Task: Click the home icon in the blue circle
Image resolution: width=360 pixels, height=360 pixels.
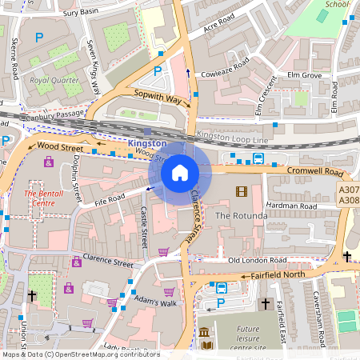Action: [x=180, y=172]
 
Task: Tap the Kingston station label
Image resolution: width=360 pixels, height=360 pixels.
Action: [x=147, y=142]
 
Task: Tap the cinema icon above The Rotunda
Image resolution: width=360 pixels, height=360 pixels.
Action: [x=242, y=191]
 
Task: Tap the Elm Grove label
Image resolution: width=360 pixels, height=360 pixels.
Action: [x=304, y=75]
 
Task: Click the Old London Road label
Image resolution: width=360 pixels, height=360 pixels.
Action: [x=257, y=261]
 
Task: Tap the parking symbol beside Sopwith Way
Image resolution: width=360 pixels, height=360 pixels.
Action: [x=158, y=70]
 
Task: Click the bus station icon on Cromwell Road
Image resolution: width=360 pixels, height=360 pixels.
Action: [x=258, y=158]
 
